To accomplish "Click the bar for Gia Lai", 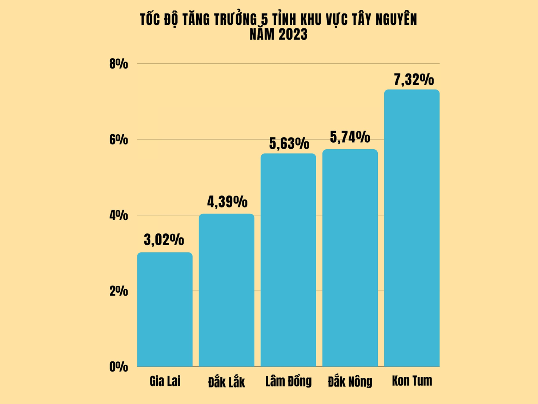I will [165, 309].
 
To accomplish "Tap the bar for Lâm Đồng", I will [288, 260].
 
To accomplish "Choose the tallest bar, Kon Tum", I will [412, 228].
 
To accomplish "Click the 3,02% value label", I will [164, 240].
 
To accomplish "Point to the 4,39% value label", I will [227, 202].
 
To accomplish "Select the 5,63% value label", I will [289, 143].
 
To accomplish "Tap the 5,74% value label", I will [350, 137].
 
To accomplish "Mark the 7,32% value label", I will [414, 80].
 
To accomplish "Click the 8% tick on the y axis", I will [119, 64].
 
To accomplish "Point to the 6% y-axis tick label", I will [119, 140].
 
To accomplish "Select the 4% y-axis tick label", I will [119, 215].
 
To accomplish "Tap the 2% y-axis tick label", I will [119, 291].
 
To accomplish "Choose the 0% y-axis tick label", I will [119, 367].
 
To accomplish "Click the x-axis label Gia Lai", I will [165, 381].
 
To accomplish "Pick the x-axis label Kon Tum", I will [412, 381].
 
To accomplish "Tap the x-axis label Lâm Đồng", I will [288, 381].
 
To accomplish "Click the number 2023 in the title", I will [293, 35].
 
